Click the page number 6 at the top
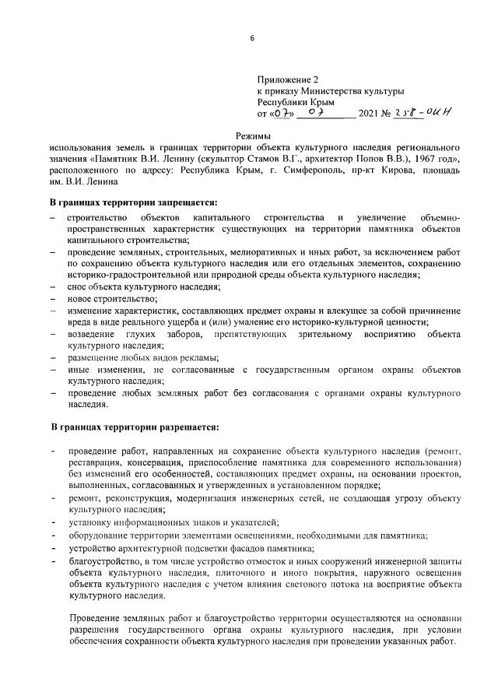coord(252,37)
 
